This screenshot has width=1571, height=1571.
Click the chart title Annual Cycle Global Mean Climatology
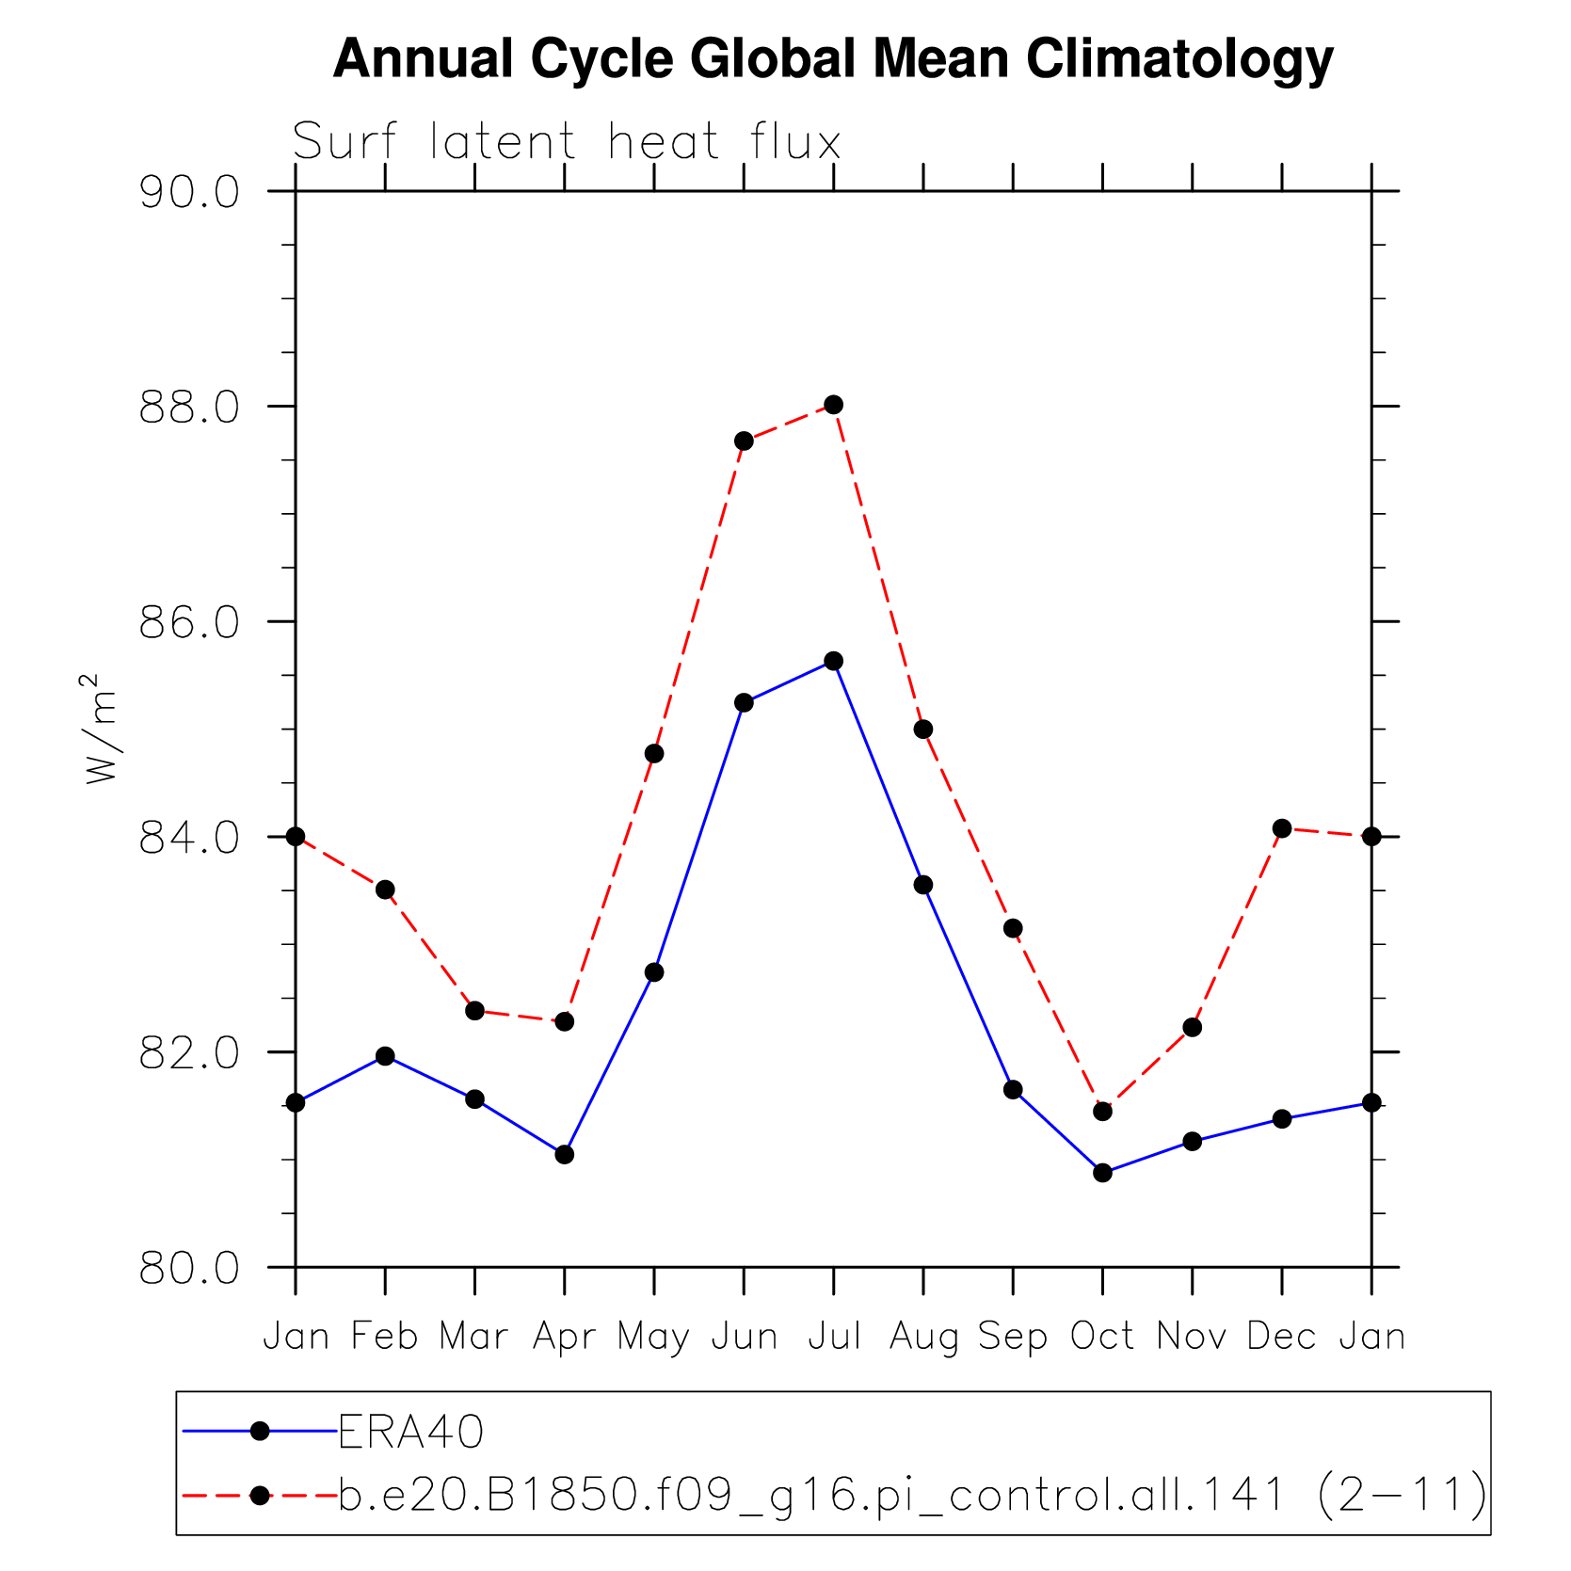[x=833, y=59]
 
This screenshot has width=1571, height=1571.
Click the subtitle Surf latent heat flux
[x=566, y=143]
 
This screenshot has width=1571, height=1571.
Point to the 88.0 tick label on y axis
[x=189, y=408]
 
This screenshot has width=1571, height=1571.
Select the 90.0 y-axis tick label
[x=189, y=192]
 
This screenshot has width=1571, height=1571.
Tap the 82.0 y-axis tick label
[x=189, y=1053]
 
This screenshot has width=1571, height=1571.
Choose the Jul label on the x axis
[x=834, y=1337]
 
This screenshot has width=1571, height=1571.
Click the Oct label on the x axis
[x=1102, y=1337]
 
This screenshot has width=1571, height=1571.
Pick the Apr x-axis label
[x=565, y=1337]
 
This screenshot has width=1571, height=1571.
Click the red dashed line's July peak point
[x=834, y=405]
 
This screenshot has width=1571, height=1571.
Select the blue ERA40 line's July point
[x=834, y=661]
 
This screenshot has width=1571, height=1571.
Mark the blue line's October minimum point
[x=1103, y=1173]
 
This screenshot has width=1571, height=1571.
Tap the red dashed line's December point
[x=1282, y=828]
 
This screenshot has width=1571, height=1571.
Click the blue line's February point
[x=385, y=1056]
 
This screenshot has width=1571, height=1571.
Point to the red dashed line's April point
[x=565, y=1021]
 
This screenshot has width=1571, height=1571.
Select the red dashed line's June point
[x=745, y=441]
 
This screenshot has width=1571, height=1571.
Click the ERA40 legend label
[x=411, y=1433]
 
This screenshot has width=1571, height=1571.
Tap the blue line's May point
[x=654, y=972]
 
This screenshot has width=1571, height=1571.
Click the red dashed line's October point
[x=1103, y=1112]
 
